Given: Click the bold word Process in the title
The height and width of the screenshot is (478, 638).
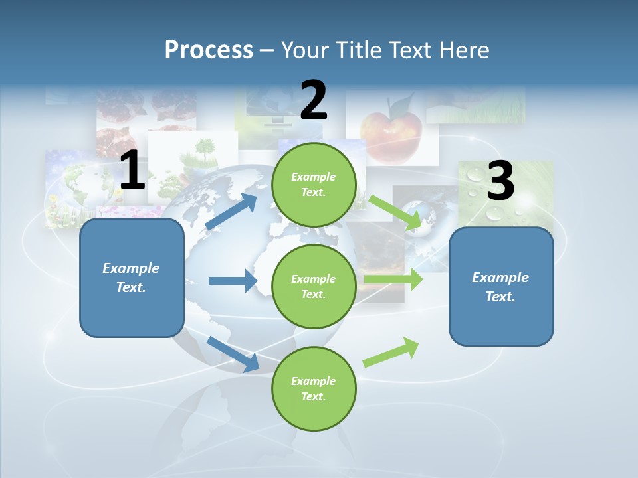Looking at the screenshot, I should coord(209,50).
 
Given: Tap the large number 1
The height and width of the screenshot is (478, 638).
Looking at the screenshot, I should coord(132,171).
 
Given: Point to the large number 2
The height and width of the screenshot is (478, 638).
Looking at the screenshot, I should coord(314,100).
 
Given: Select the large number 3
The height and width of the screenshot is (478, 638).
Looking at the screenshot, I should coord(500,181).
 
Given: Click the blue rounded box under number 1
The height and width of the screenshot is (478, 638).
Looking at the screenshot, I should coord(132,278).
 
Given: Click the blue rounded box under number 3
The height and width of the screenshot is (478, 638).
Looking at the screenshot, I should coord(501,287).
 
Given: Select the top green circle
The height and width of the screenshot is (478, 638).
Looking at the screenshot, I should coord(314,185).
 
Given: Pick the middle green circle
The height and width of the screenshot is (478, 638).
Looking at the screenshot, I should coord(314,286).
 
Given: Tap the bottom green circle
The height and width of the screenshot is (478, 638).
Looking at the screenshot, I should coord(314,388).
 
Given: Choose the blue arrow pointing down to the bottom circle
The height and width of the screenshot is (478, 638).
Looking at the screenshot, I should coord(233,354).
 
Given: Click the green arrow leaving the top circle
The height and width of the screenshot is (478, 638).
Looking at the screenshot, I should coord(395,212).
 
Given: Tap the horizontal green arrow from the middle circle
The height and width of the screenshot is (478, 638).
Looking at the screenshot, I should coord(393,279).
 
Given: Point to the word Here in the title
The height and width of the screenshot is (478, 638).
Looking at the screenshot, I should coord(463,50).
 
